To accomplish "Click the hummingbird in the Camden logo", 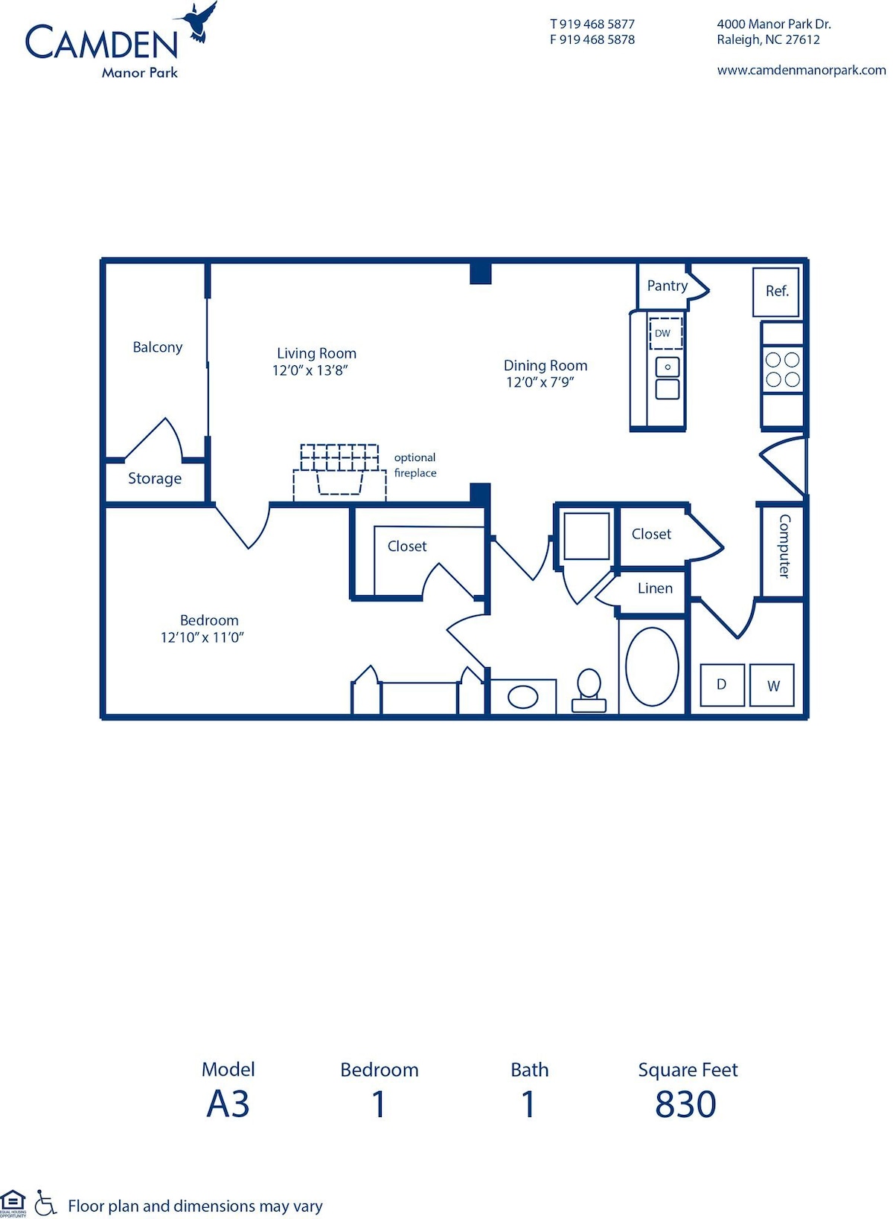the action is click(199, 22).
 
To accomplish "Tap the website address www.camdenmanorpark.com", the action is click(801, 70).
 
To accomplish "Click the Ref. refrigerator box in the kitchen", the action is click(776, 292).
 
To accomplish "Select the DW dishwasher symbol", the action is click(665, 333).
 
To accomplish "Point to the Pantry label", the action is click(667, 286).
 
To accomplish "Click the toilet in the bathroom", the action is click(589, 690).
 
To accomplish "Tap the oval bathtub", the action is click(652, 666).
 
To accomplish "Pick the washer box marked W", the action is click(772, 685).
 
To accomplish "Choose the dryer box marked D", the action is click(722, 684).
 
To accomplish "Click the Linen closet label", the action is click(655, 588).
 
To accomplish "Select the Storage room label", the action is click(155, 479).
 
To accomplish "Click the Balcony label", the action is click(157, 347).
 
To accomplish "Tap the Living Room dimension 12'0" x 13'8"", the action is click(310, 370).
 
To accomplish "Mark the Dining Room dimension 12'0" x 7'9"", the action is click(540, 382).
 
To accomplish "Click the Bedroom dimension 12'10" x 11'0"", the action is click(202, 637).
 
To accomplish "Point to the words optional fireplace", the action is click(415, 466).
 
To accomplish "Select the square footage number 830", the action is click(685, 1104).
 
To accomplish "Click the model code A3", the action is click(228, 1104).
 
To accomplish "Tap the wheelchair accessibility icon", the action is click(45, 1203).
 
